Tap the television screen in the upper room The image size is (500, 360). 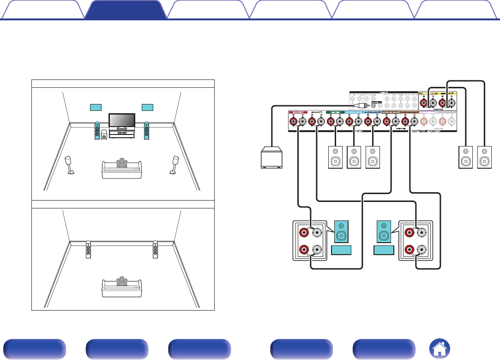coord(121,121)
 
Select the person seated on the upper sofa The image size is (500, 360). coord(121,163)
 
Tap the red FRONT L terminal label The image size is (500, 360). coord(298,112)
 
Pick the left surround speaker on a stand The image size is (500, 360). coord(70,165)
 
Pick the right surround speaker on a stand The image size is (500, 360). coord(175,165)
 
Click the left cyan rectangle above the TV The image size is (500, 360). coord(95,108)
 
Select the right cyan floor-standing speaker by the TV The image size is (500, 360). coord(146,130)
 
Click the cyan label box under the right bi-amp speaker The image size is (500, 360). coord(384,251)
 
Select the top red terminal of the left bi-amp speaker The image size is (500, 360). coord(304,232)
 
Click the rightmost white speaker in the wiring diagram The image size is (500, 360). coord(484,157)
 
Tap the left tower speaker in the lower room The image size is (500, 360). coord(88,250)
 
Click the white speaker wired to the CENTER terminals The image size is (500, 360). coord(335,157)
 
